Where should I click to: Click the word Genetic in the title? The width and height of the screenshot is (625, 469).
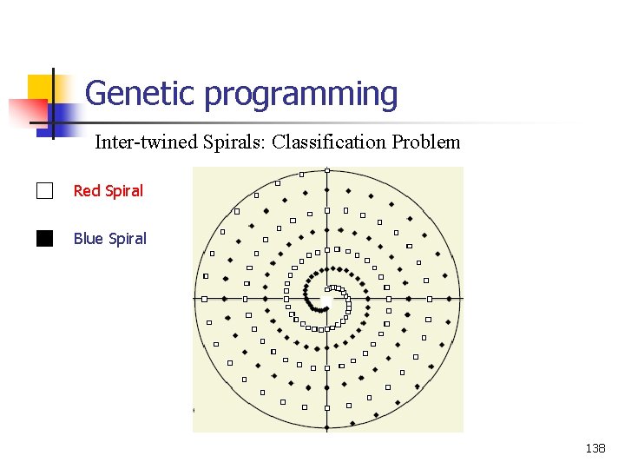[140, 93]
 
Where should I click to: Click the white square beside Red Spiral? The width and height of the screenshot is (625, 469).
[45, 191]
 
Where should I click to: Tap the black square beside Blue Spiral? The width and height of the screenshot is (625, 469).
[45, 238]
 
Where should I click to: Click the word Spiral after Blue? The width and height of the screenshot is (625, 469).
[128, 238]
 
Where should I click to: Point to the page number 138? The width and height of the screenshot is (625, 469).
[595, 448]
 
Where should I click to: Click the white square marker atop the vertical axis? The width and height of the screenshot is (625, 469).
[327, 169]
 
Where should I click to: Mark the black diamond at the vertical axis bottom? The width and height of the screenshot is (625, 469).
[327, 427]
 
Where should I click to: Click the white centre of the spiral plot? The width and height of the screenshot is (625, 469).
[326, 299]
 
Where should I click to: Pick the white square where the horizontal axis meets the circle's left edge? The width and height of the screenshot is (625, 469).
[205, 299]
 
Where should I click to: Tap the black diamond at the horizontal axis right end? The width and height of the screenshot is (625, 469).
[451, 299]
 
